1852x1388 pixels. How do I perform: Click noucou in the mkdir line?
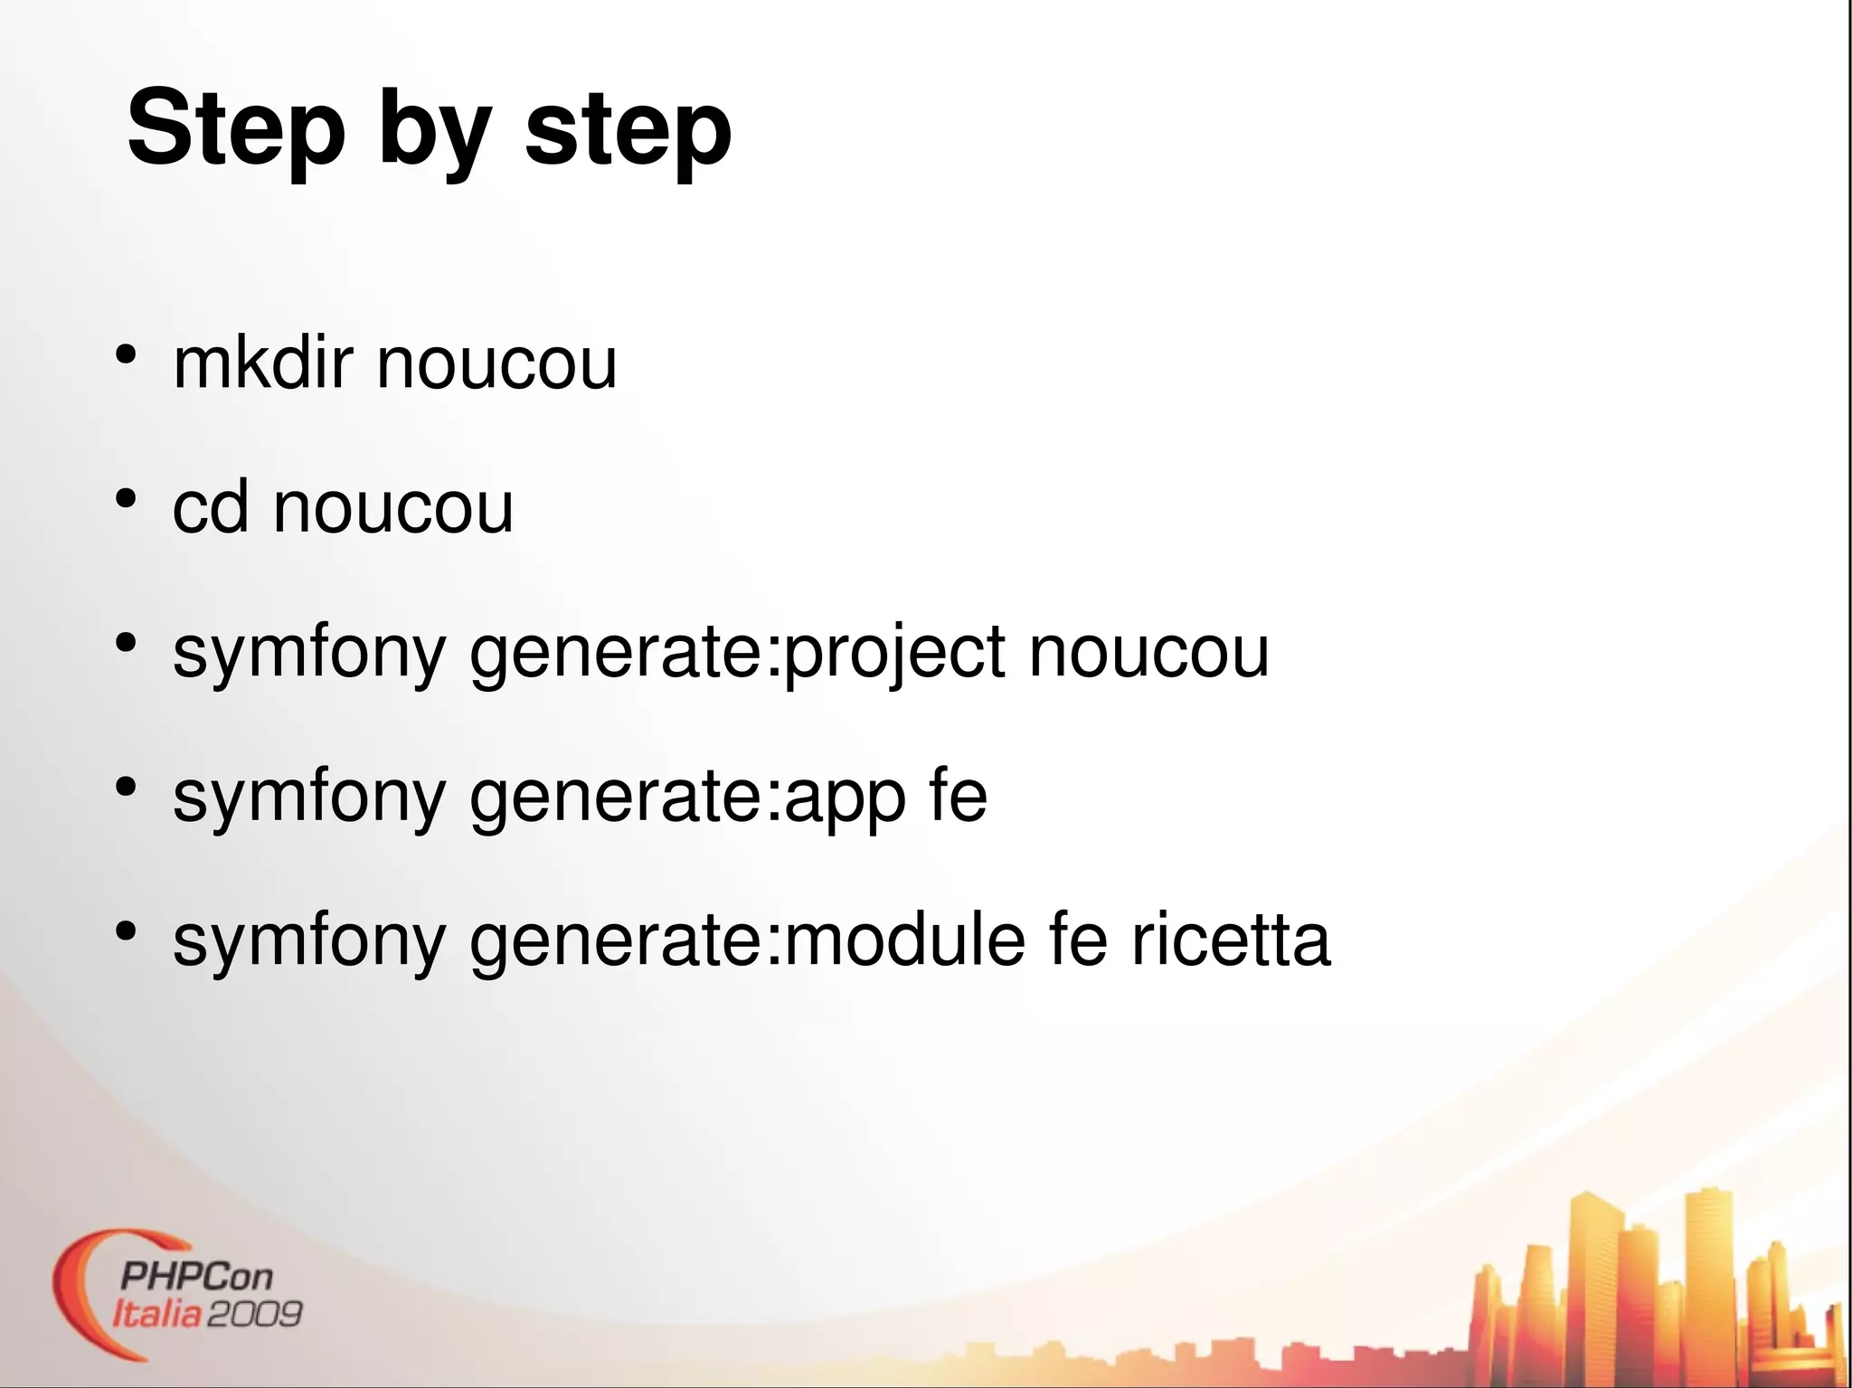point(496,364)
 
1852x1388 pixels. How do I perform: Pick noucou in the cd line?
point(393,508)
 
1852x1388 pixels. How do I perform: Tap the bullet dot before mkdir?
point(126,354)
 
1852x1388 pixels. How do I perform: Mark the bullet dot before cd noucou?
point(126,498)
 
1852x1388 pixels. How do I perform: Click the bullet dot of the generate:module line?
point(126,930)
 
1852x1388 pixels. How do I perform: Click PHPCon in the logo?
point(195,1277)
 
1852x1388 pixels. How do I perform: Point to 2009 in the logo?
point(254,1313)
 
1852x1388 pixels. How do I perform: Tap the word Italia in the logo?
point(156,1313)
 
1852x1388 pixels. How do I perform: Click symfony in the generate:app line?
point(309,798)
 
